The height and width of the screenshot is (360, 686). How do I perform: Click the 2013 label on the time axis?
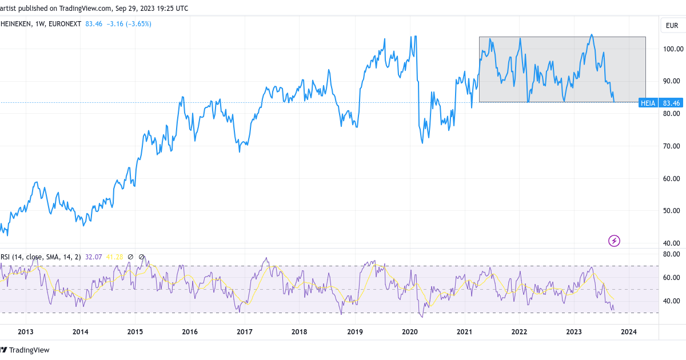coord(26,331)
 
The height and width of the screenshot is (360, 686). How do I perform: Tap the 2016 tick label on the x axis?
coord(190,331)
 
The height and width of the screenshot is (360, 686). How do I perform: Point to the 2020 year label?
coord(410,331)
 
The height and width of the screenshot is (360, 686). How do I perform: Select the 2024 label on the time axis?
coord(629,331)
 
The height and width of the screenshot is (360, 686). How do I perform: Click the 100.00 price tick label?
coord(671,49)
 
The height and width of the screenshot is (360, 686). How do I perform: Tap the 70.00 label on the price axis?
coord(671,146)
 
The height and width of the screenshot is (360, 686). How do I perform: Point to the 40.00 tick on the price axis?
coord(671,243)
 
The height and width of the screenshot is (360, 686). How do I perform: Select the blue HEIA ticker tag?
coord(648,103)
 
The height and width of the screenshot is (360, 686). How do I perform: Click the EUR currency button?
coord(671,26)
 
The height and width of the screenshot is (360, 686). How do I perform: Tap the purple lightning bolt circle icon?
coord(614,241)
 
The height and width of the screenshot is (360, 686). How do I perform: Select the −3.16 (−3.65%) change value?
coord(129,24)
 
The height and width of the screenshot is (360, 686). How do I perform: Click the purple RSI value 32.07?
coord(93,257)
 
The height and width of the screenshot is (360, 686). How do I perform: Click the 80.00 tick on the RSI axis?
coord(671,254)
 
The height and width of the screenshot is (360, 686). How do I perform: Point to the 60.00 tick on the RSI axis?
coord(671,278)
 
